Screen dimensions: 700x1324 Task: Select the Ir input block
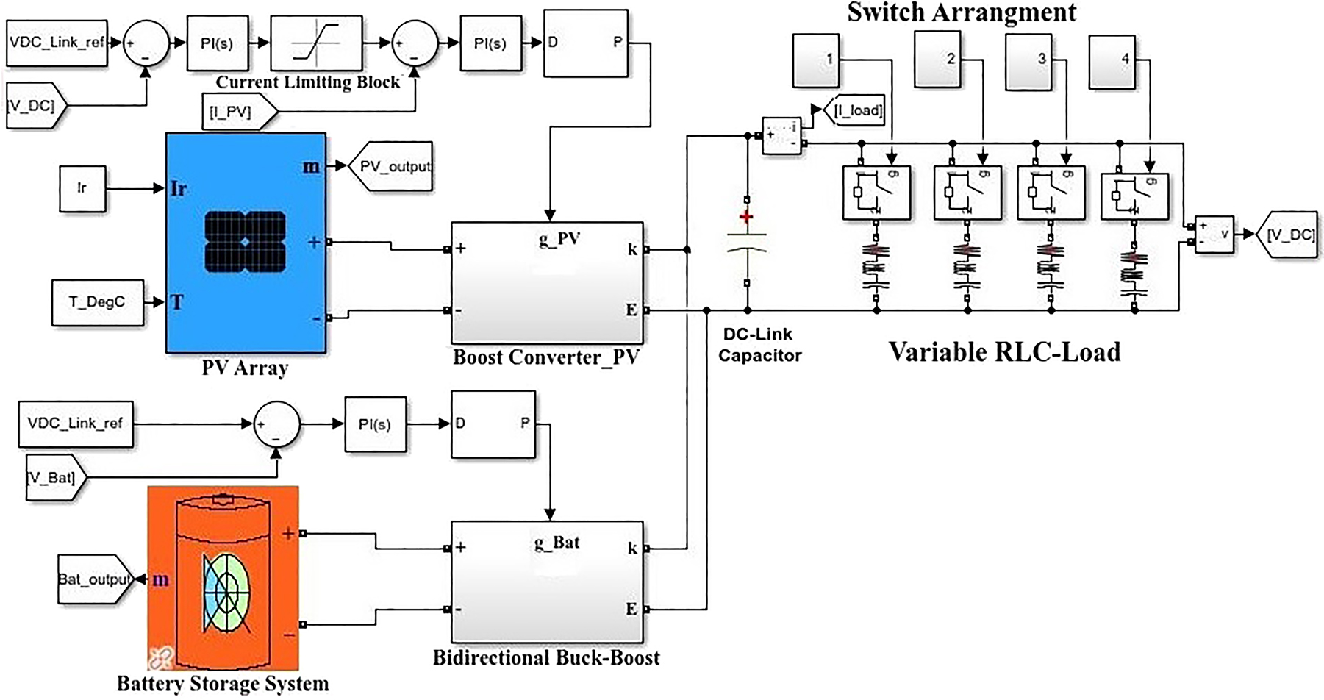pos(82,188)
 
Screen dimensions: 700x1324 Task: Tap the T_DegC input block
pos(97,302)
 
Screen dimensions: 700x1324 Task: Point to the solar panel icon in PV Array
pos(246,242)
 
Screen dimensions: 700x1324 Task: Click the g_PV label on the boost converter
pos(559,239)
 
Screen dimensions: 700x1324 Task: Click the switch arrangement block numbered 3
pos(1028,62)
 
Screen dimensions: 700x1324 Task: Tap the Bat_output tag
pos(94,579)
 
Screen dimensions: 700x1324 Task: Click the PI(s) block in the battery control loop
pos(375,424)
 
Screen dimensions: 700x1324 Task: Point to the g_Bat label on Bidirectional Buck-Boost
pos(557,543)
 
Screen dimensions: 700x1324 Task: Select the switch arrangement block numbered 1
pos(816,60)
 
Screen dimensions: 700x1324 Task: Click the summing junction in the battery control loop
pos(276,424)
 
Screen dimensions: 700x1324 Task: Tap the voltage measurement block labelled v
pos(1213,235)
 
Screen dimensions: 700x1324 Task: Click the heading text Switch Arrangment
pos(962,12)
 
